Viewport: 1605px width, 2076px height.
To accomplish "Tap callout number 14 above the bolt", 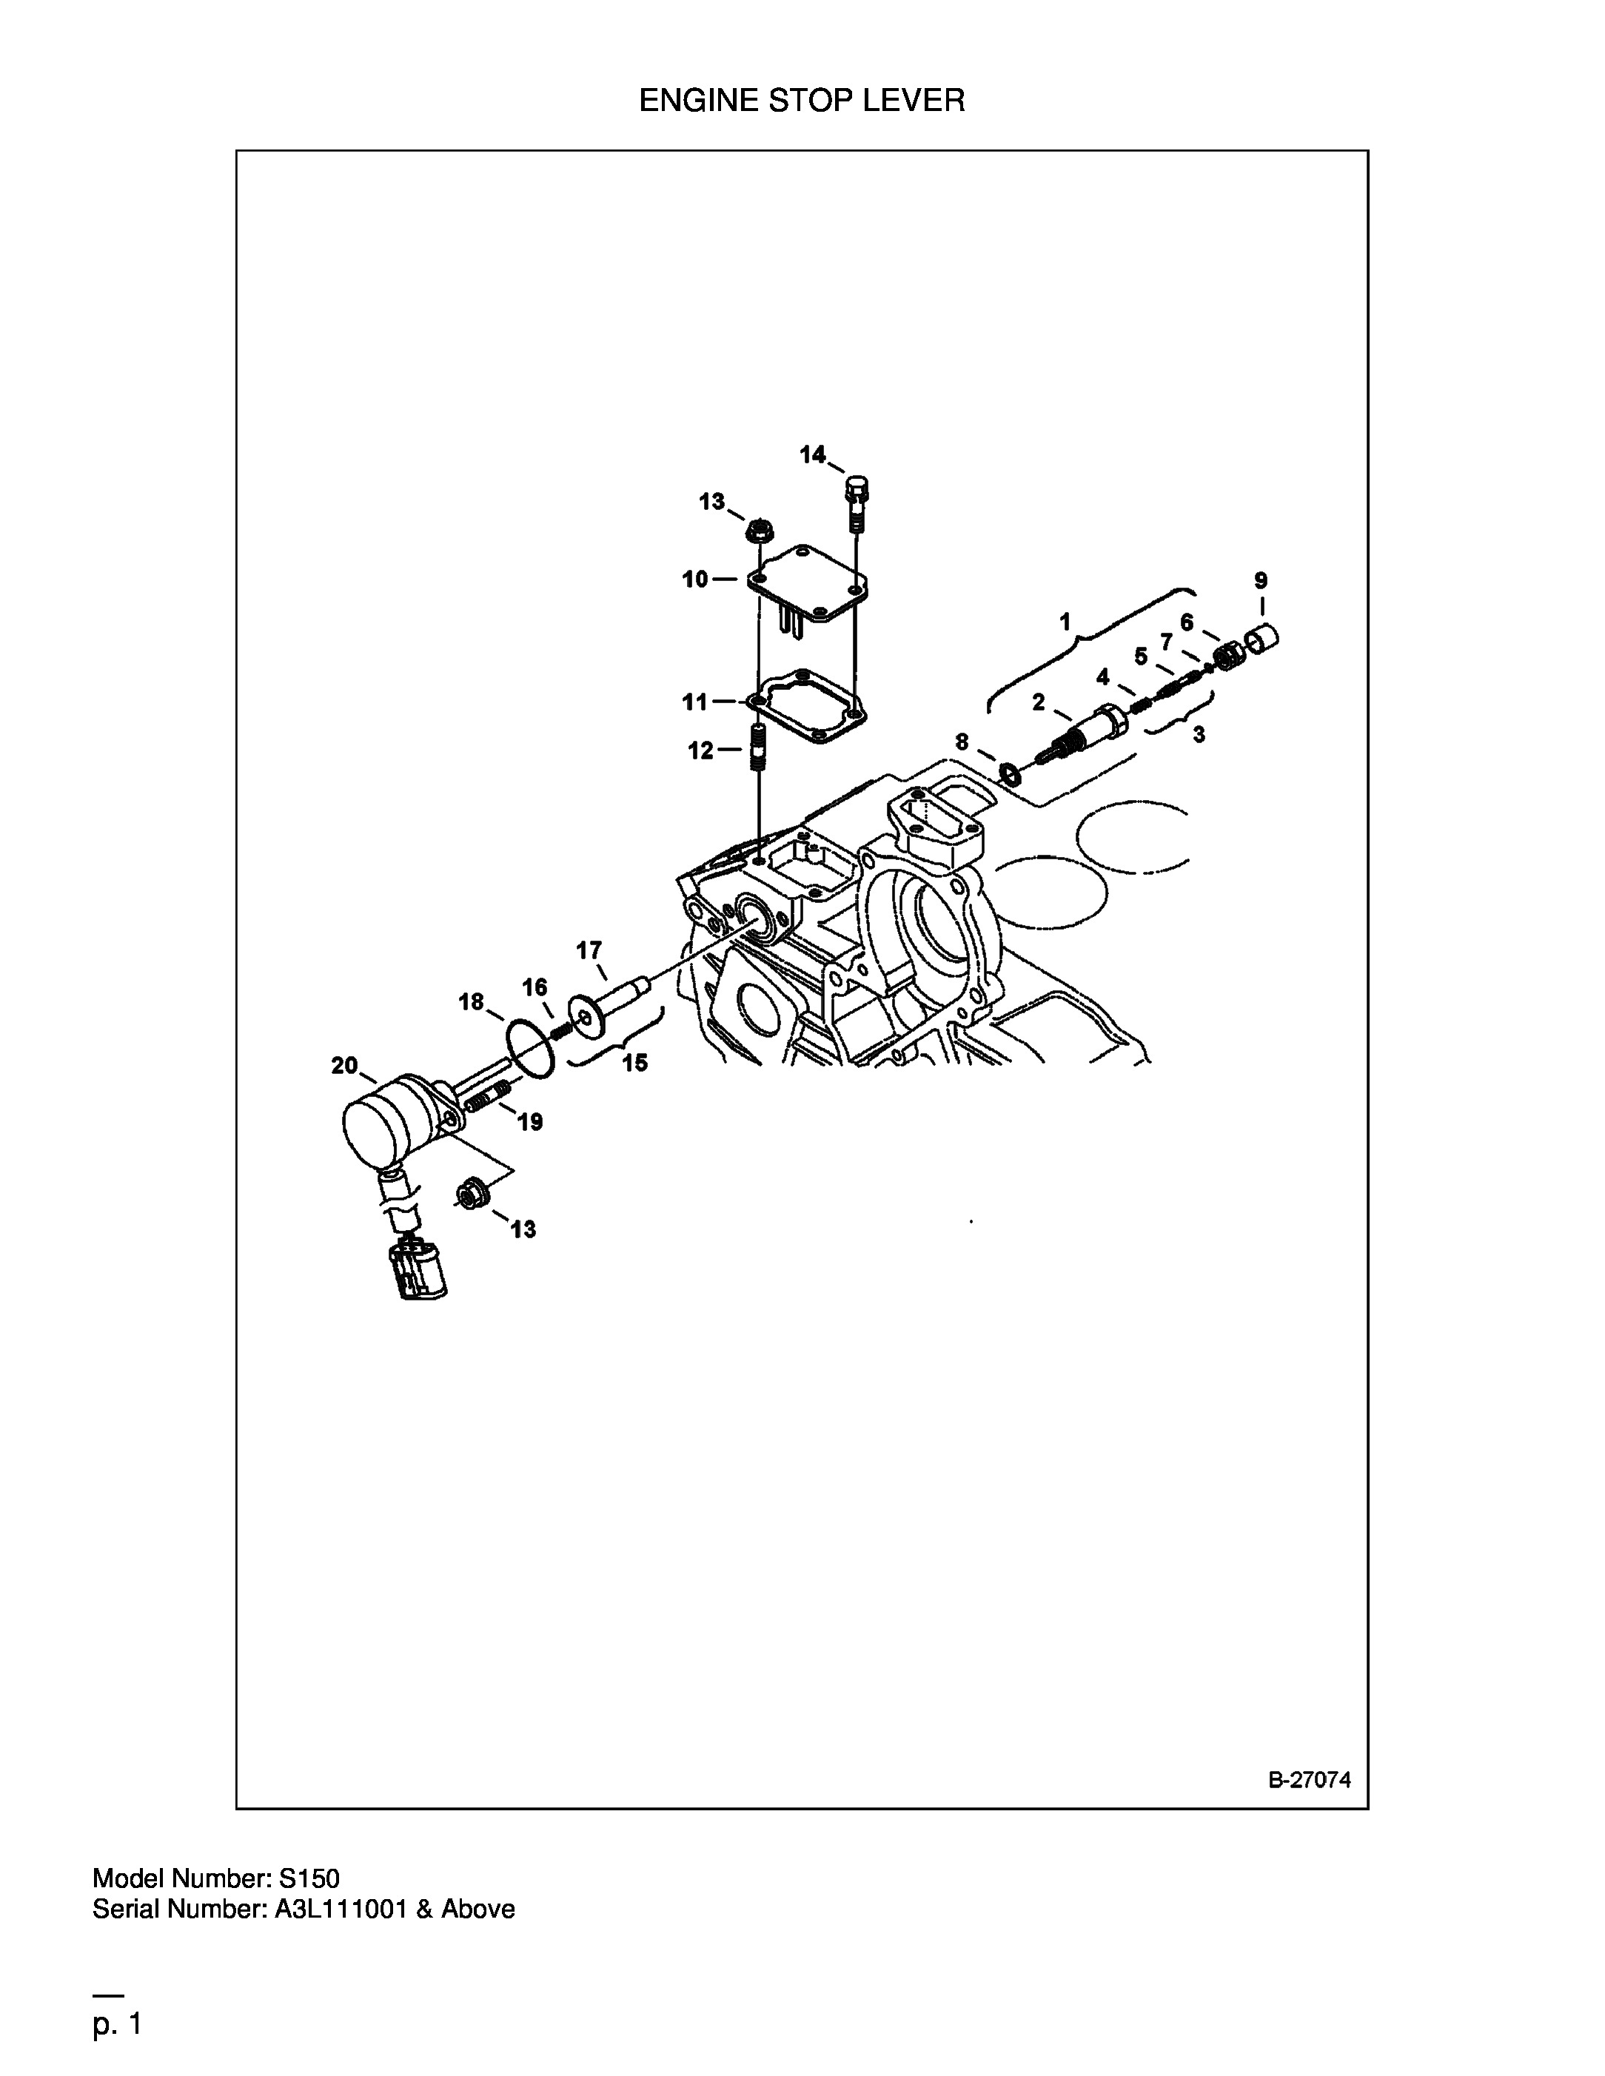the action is [x=812, y=454].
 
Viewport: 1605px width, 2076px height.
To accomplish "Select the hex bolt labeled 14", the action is [x=856, y=504].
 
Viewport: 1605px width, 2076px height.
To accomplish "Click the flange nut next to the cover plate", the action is [x=758, y=528].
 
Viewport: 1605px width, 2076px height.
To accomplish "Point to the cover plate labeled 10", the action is [x=808, y=584].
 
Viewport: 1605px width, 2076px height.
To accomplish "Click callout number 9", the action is [x=1261, y=580].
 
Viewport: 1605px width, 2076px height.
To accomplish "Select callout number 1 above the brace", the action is [x=1065, y=622].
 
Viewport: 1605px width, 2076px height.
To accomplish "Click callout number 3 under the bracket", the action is [x=1199, y=734].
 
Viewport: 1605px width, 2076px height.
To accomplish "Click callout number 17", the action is [x=589, y=950].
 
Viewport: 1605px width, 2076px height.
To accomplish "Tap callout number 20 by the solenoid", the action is [x=344, y=1066].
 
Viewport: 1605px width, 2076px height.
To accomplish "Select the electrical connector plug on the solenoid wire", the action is [x=418, y=1270].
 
